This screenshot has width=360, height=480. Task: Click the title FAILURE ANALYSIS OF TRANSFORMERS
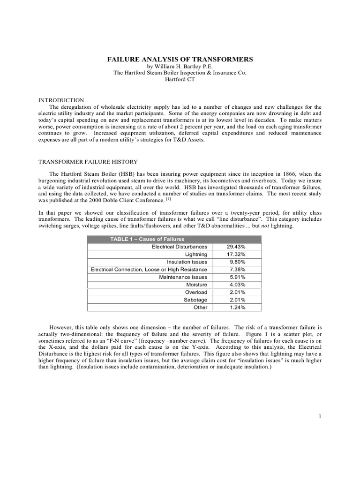pos(180,60)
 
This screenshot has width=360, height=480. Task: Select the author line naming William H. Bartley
pos(180,67)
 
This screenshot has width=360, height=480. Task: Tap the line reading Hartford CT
pos(180,80)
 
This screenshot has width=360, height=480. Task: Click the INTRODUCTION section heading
pos(60,100)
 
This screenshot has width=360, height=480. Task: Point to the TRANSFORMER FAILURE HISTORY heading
pos(87,162)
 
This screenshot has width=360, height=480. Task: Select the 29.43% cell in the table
pos(236,246)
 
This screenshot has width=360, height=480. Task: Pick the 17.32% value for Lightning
pos(236,254)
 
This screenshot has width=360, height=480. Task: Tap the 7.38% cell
pos(237,269)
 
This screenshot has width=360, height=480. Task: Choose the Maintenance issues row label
pos(183,277)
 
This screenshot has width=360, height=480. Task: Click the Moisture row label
pos(196,285)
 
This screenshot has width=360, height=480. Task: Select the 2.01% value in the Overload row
pos(237,292)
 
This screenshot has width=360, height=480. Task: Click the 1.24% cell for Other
pos(237,307)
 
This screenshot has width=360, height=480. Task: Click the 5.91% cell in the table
pos(237,277)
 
